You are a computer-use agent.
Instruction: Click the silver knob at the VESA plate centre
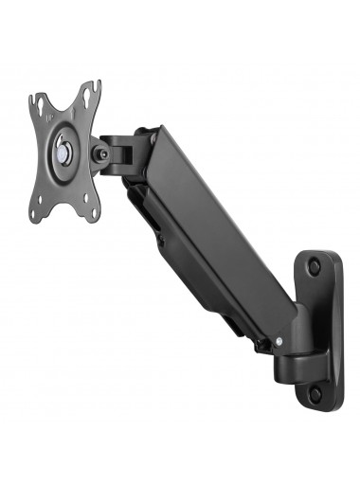pyautogui.click(x=63, y=150)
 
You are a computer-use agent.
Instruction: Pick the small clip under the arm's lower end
pyautogui.click(x=232, y=327)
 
